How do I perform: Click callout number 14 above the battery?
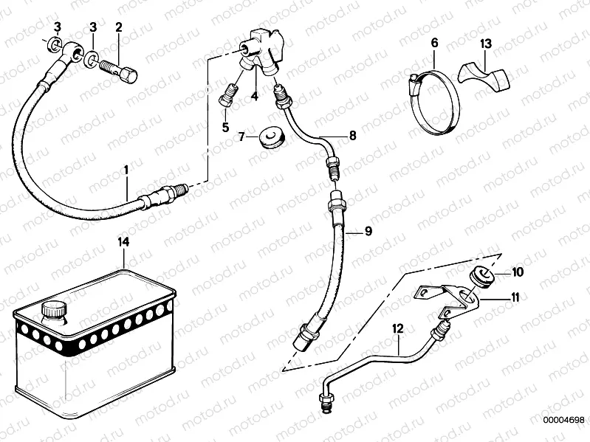click(123, 241)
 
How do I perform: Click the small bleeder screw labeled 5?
click(227, 97)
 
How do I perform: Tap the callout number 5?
click(226, 127)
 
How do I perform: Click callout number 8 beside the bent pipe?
click(352, 136)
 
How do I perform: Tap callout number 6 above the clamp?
click(434, 44)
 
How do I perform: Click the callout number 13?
click(484, 44)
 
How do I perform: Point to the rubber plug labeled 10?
click(481, 277)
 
